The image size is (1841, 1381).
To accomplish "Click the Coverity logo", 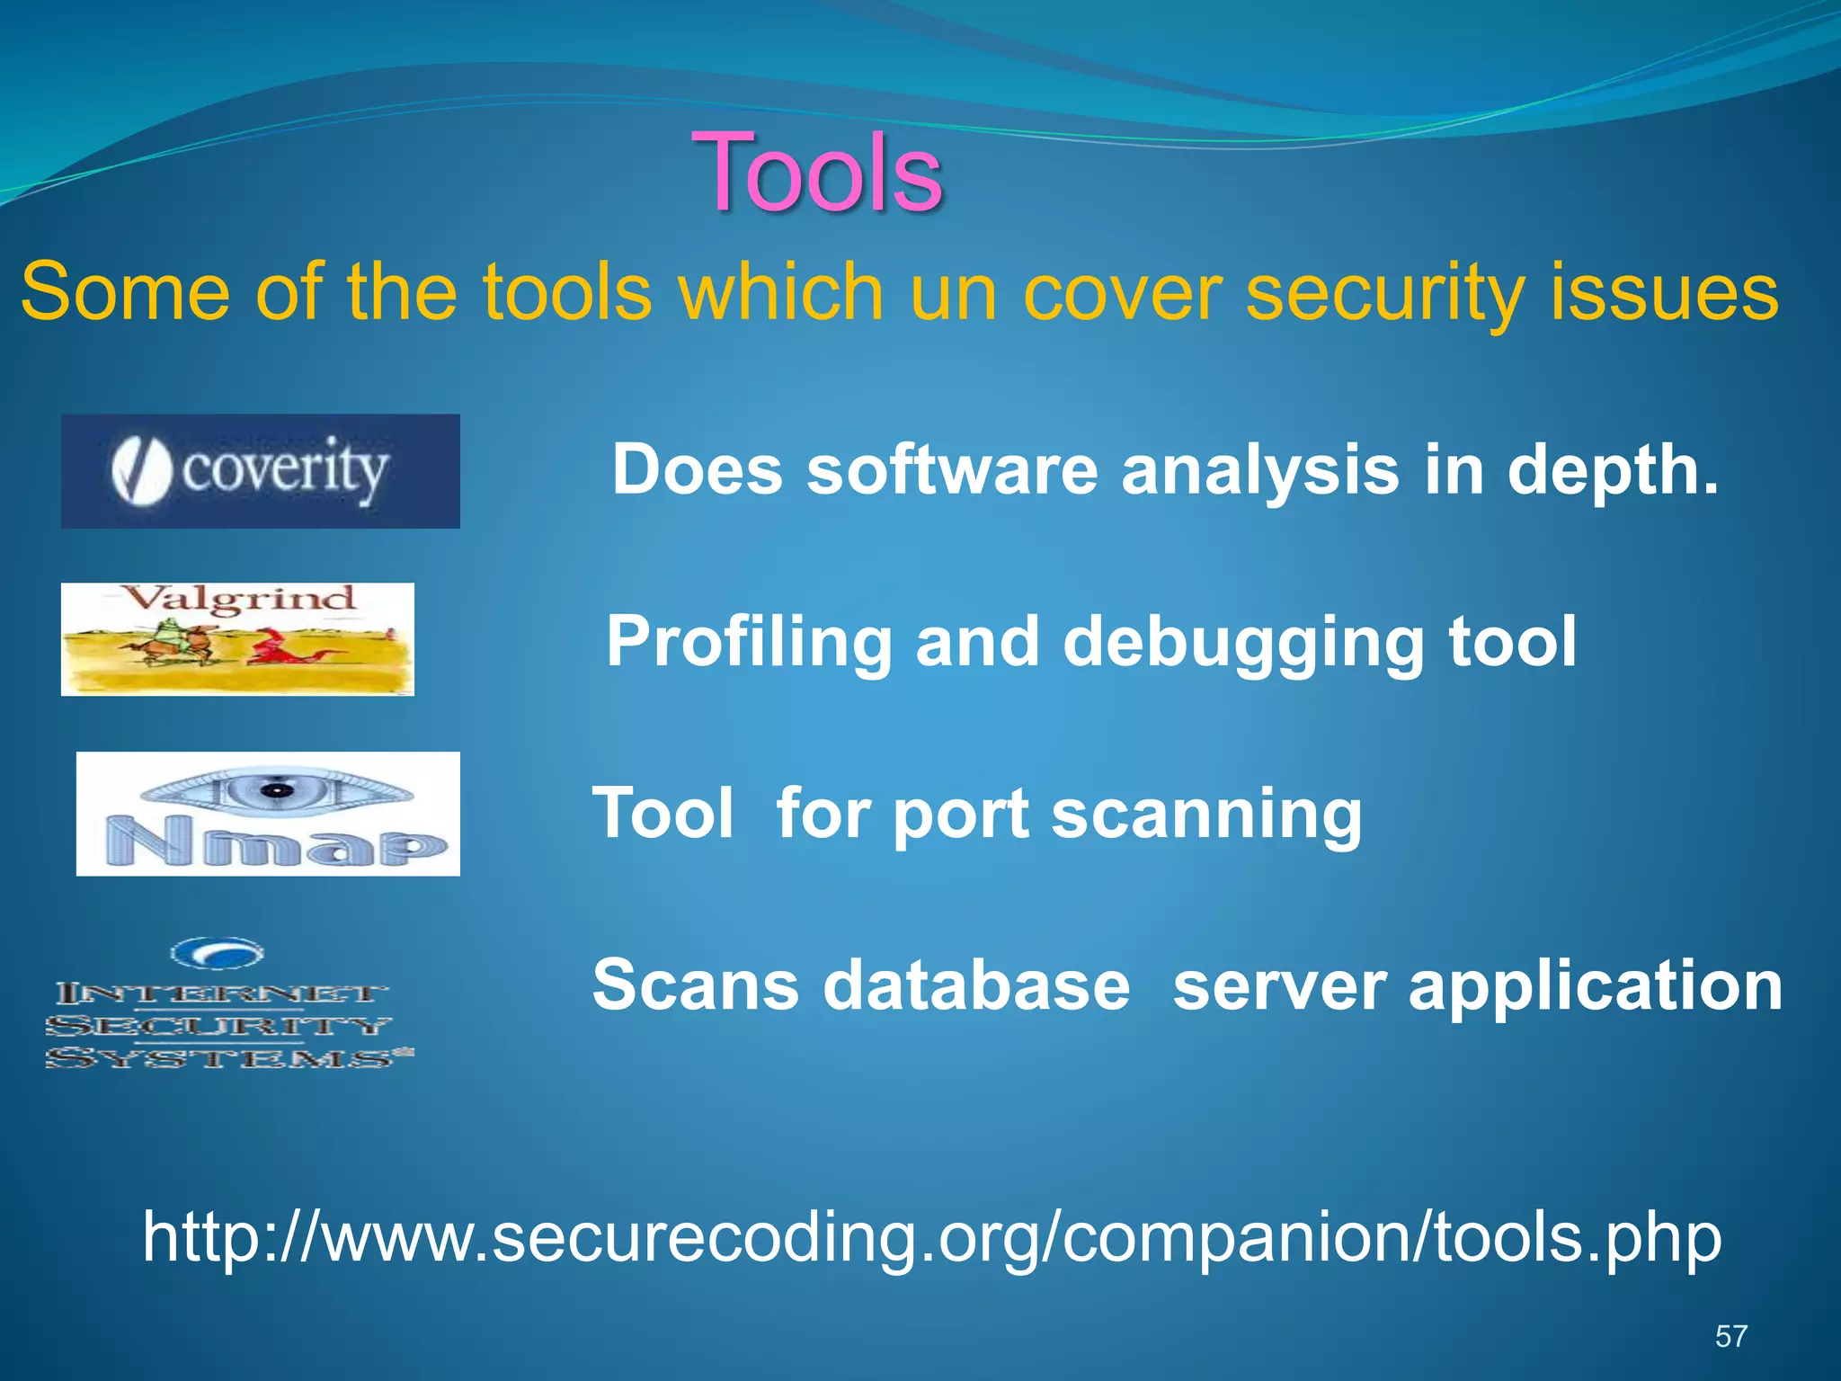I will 260,471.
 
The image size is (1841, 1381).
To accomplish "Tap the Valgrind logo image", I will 237,639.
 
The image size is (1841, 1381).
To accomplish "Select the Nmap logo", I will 268,814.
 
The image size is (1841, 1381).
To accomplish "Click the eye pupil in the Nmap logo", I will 278,791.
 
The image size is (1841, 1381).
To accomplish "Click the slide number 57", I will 1730,1336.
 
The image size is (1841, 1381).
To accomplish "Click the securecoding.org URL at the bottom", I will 932,1238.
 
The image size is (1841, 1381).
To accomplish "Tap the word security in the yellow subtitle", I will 1384,292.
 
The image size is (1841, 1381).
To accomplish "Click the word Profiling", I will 749,642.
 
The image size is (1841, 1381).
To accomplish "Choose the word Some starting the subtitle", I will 126,292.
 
